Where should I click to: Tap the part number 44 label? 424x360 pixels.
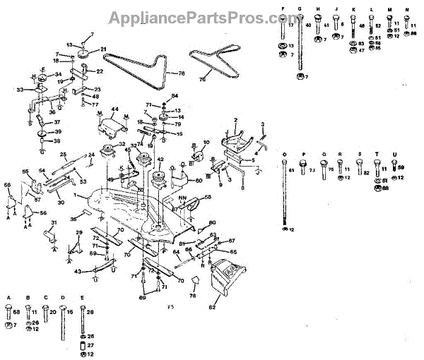114,109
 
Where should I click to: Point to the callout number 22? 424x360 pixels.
100,71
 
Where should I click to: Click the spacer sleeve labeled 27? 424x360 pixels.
82,345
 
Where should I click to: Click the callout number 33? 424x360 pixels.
20,89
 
